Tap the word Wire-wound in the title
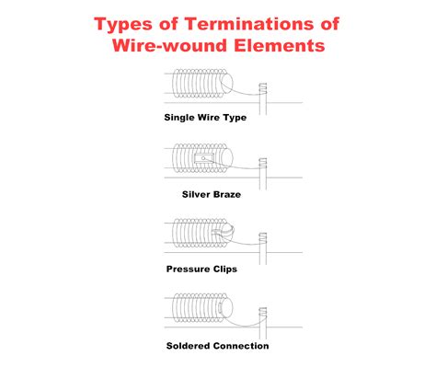(165, 46)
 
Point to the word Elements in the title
(280, 46)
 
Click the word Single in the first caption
(180, 118)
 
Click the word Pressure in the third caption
(188, 270)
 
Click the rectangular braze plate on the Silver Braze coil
(204, 157)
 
